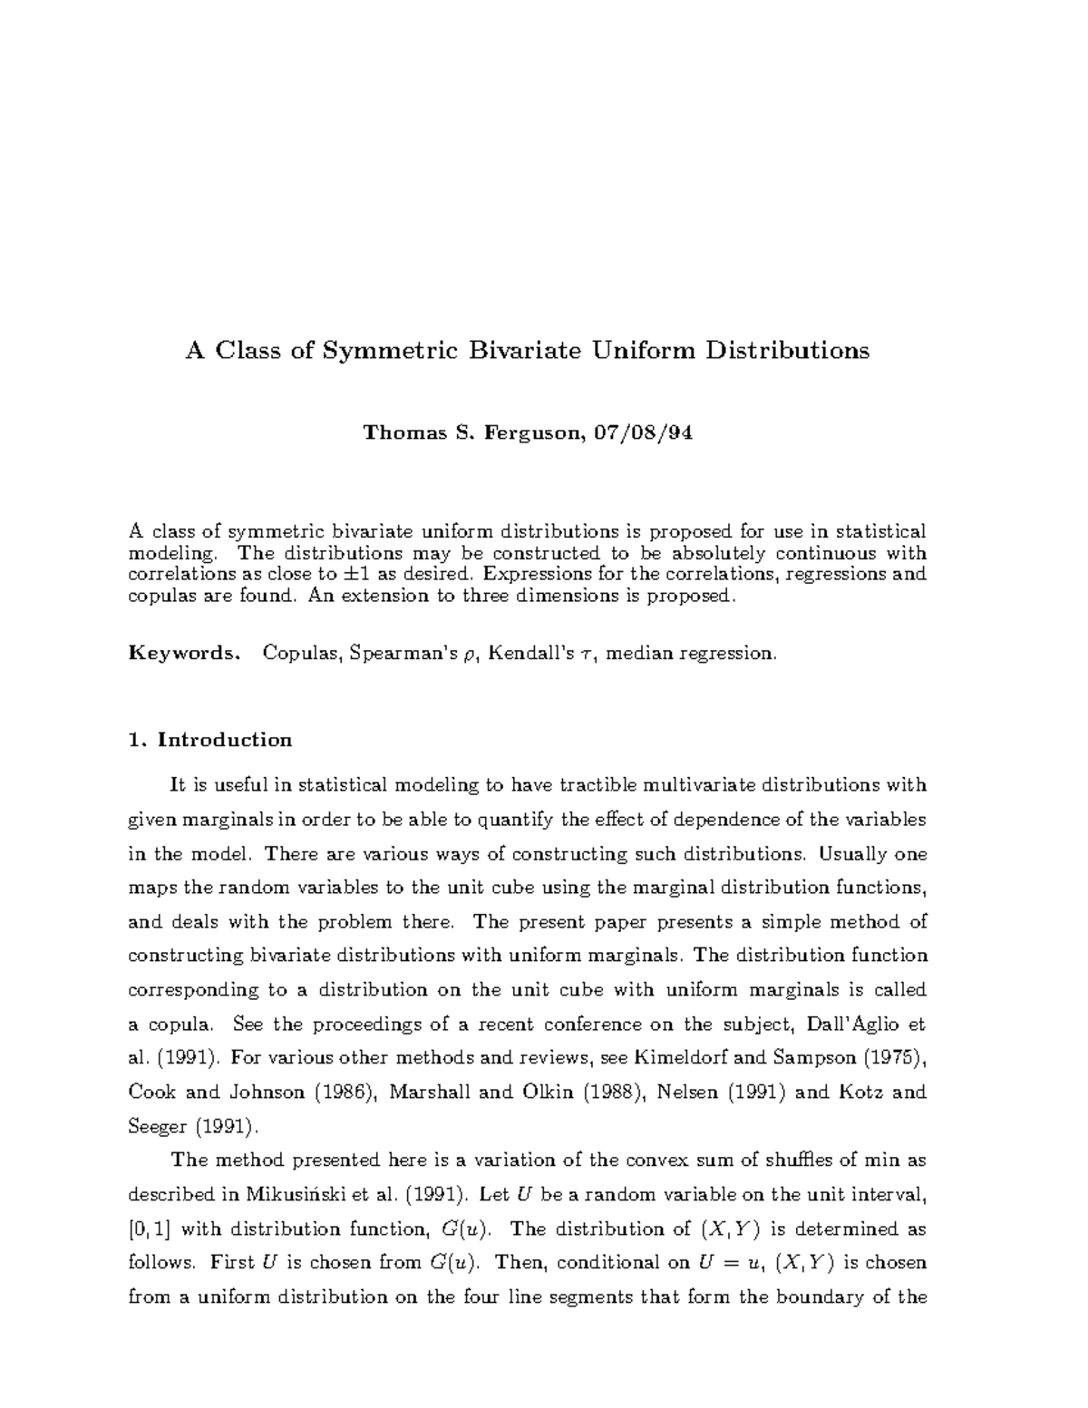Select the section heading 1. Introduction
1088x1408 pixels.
(x=210, y=740)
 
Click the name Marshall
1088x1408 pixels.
(x=429, y=1092)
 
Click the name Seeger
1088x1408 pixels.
(x=158, y=1127)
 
